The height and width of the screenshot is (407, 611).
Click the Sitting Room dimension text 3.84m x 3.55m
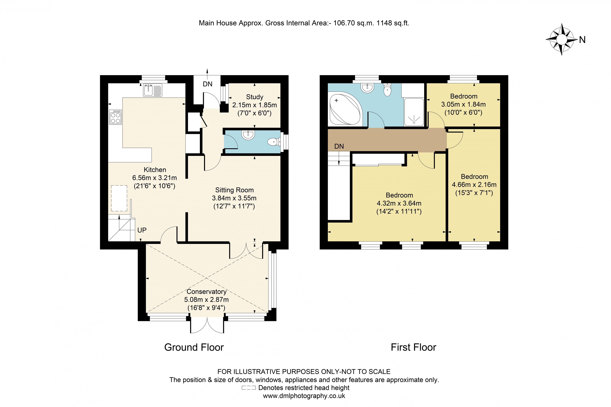pyautogui.click(x=234, y=198)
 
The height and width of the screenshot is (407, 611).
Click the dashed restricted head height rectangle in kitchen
pyautogui.click(x=119, y=198)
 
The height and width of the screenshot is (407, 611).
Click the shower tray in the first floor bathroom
pyautogui.click(x=414, y=112)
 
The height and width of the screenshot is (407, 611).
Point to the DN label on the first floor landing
pyautogui.click(x=339, y=146)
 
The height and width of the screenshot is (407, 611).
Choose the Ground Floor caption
pyautogui.click(x=194, y=347)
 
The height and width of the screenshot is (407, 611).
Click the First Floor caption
pyautogui.click(x=413, y=347)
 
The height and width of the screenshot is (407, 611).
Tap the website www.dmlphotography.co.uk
pyautogui.click(x=304, y=396)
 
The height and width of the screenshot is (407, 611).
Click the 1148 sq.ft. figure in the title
pyautogui.click(x=393, y=23)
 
